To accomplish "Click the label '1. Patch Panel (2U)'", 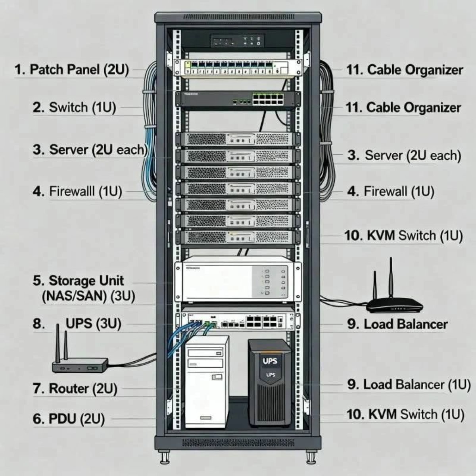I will [x=72, y=70].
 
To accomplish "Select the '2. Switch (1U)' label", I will [x=74, y=107].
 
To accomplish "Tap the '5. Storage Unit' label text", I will [x=78, y=281].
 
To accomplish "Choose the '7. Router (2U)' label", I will [x=75, y=388].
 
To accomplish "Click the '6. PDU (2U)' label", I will [x=69, y=418].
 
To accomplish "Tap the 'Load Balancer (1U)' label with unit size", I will [x=409, y=384].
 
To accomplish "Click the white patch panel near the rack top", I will [x=237, y=67].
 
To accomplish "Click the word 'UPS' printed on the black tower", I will [x=270, y=361].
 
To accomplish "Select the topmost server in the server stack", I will [x=237, y=140].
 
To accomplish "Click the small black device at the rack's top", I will [x=237, y=40].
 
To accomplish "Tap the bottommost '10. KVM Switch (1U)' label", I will [x=405, y=415].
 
